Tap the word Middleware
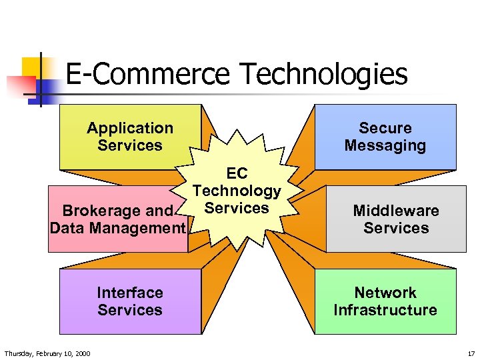pos(396,211)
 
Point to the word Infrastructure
pos(385,310)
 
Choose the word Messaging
pos(385,145)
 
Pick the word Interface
pos(130,293)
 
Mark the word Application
pos(130,128)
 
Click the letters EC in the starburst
pos(237,174)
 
